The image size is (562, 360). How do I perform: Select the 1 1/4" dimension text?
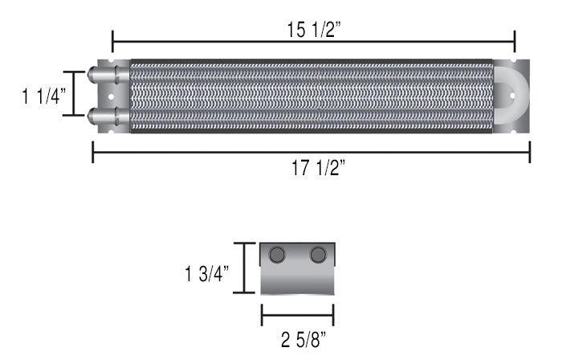pos(43,96)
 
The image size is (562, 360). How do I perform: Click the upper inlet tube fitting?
pos(103,76)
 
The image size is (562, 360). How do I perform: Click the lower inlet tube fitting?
pos(103,116)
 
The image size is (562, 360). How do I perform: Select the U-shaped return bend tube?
pos(510,96)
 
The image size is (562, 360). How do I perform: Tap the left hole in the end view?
pos(278,255)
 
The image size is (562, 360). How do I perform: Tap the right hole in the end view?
pos(319,255)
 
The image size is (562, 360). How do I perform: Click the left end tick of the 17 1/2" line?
pos(93,152)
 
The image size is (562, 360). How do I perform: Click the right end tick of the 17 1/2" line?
pos(529,152)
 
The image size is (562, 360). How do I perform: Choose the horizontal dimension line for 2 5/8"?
pos(297,316)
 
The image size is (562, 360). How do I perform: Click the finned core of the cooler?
pos(309,96)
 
